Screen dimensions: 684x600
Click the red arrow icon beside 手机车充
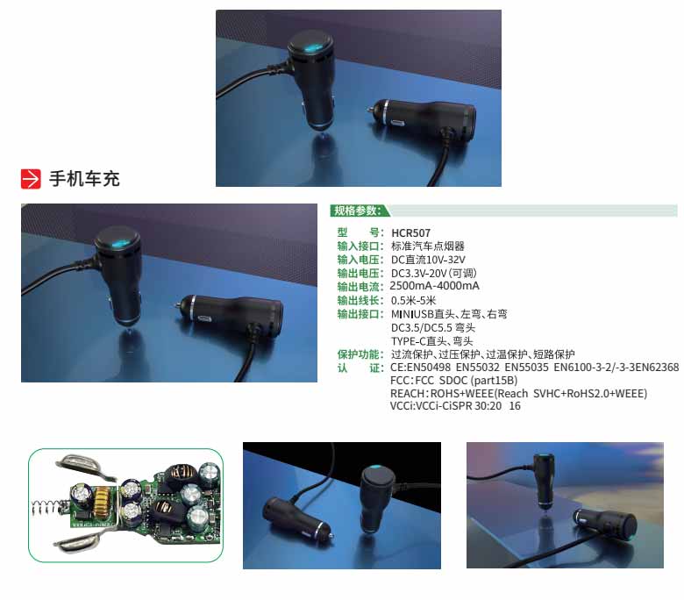coord(31,179)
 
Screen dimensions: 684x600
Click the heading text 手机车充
coord(84,178)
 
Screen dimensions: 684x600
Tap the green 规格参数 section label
coord(357,211)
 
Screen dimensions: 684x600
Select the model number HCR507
coord(410,233)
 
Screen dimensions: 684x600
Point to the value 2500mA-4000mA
coord(434,286)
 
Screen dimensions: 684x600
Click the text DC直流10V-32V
coord(428,260)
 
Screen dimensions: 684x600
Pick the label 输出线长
coord(358,300)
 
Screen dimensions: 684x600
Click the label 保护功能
coord(358,354)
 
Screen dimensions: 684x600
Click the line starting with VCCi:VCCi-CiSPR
coord(455,405)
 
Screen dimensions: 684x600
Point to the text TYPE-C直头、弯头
coord(431,341)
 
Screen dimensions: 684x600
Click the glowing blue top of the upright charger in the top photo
coord(311,46)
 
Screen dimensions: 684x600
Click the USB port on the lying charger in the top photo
coord(399,123)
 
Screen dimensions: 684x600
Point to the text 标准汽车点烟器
coord(428,246)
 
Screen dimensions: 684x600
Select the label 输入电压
coord(358,260)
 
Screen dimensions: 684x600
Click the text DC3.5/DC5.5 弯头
coord(432,327)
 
